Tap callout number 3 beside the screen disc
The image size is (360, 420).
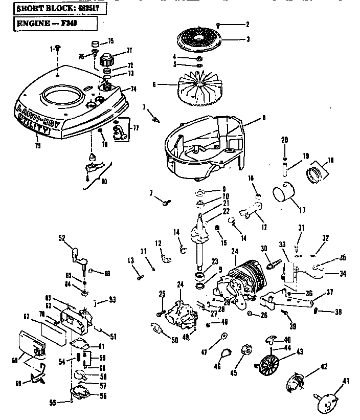(x=247, y=39)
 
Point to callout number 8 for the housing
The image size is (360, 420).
(x=264, y=118)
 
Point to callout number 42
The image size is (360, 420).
(x=323, y=366)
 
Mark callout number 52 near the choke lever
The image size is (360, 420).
(x=62, y=237)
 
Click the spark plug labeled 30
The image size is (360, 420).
(x=272, y=260)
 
